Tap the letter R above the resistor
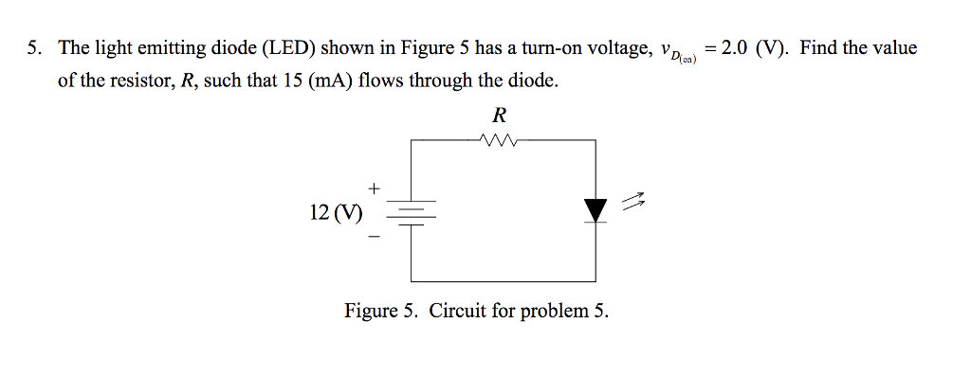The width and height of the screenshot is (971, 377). point(500,116)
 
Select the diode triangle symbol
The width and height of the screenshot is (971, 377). point(595,210)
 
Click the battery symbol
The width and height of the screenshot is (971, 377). point(411,210)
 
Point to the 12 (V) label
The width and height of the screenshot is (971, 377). point(336,211)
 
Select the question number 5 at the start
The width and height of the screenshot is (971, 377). point(33,47)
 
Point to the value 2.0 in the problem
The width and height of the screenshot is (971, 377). point(736,47)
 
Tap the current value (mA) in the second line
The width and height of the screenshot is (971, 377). point(329,81)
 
